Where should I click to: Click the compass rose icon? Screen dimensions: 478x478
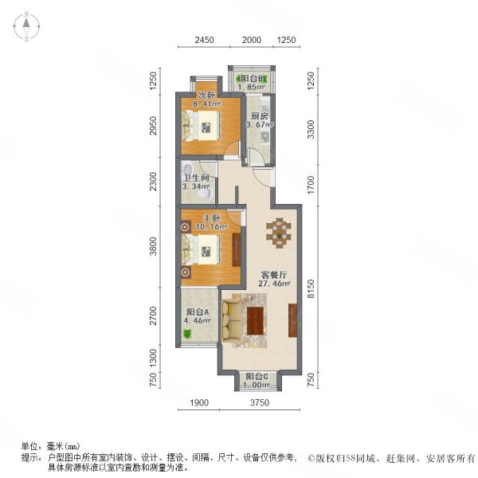pyautogui.click(x=26, y=26)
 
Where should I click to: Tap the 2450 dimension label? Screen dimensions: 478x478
pyautogui.click(x=204, y=40)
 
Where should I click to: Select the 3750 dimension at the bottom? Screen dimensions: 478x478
pyautogui.click(x=260, y=402)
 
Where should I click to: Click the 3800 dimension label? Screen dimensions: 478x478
pyautogui.click(x=153, y=246)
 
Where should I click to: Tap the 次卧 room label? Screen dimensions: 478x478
pyautogui.click(x=206, y=95)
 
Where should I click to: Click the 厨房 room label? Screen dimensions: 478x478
pyautogui.click(x=260, y=116)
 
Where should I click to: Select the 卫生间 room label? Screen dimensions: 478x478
pyautogui.click(x=196, y=178)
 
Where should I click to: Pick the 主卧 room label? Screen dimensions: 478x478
pyautogui.click(x=212, y=218)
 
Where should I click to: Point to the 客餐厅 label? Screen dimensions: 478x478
pyautogui.click(x=274, y=275)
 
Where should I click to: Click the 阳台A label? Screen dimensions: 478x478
pyautogui.click(x=198, y=312)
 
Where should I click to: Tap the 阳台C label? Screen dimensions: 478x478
pyautogui.click(x=257, y=376)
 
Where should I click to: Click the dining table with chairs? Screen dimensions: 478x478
pyautogui.click(x=279, y=233)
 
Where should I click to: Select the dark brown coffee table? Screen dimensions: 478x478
pyautogui.click(x=255, y=321)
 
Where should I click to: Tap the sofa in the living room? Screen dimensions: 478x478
pyautogui.click(x=231, y=320)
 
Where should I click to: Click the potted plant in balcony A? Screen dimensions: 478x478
pyautogui.click(x=186, y=334)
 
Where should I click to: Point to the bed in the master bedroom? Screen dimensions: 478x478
pyautogui.click(x=202, y=249)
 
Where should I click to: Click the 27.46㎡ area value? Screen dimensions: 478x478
pyautogui.click(x=274, y=284)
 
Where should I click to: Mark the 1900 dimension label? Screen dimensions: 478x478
pyautogui.click(x=199, y=402)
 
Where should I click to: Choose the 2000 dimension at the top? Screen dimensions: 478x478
pyautogui.click(x=252, y=40)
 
